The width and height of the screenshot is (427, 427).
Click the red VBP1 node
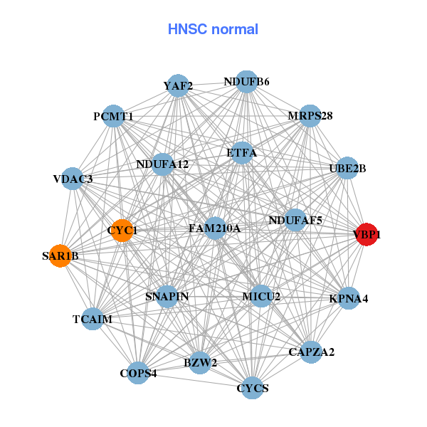tap(366, 235)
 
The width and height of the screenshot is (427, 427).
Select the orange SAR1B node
tap(60, 256)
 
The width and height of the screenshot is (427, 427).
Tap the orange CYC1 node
tap(122, 231)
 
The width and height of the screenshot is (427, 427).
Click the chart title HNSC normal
tap(213, 29)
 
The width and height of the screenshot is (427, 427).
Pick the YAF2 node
tap(178, 86)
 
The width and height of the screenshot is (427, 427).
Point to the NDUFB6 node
tap(246, 81)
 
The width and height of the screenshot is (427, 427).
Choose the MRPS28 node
tap(310, 116)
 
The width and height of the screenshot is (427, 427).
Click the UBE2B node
tap(347, 169)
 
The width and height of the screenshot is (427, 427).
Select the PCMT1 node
tap(114, 116)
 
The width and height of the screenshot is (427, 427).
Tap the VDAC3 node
tap(73, 178)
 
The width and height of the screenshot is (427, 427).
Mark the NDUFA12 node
tap(162, 164)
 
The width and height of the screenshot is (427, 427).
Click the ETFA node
tap(242, 152)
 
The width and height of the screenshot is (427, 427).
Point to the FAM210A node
tap(215, 228)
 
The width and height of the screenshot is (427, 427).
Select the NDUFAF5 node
tap(295, 221)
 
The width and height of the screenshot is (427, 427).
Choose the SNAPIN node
tap(167, 296)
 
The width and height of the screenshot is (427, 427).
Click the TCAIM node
tap(93, 319)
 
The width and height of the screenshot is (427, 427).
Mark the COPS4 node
tap(138, 373)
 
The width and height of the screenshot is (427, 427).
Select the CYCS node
tap(253, 388)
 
